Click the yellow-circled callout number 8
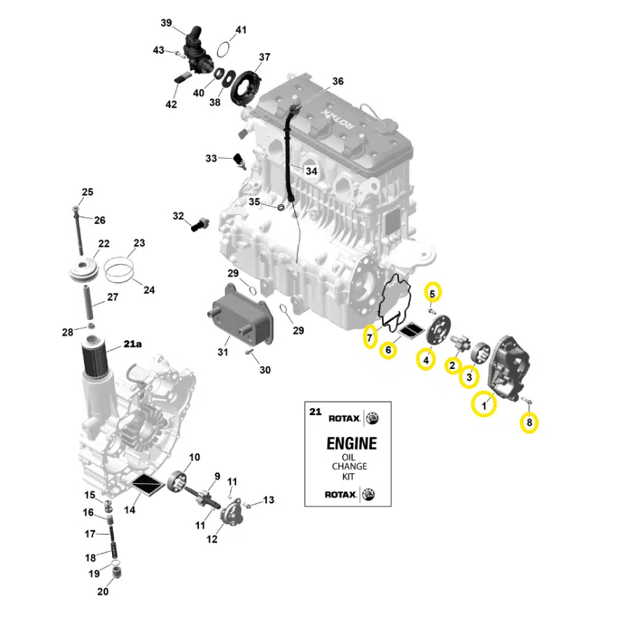tap(529, 422)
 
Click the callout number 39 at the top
tap(166, 23)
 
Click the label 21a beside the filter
tap(132, 344)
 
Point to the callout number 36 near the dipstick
tap(338, 81)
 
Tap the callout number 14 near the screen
tap(130, 510)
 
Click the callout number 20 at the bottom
tap(103, 591)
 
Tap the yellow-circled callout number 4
tap(424, 360)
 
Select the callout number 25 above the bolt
tap(87, 192)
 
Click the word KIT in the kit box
tap(349, 476)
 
